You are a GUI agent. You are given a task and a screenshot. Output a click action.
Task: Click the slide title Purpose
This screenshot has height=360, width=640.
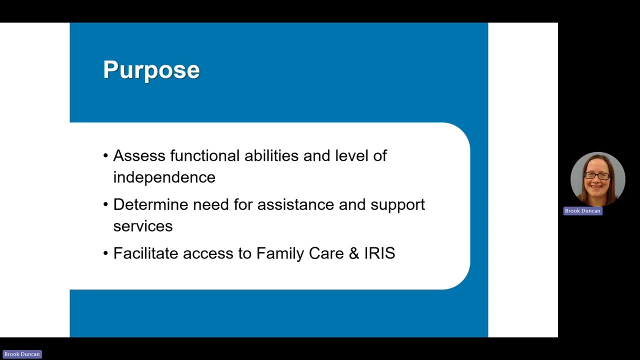pyautogui.click(x=151, y=70)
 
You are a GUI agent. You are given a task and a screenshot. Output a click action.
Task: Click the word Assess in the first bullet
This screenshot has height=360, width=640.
pyautogui.click(x=139, y=156)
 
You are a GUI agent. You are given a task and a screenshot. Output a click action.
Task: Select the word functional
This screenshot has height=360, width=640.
pyautogui.click(x=204, y=156)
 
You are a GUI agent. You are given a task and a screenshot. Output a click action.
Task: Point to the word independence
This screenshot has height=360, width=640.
pyautogui.click(x=164, y=177)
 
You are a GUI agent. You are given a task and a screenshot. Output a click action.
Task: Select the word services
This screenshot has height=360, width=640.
pyautogui.click(x=142, y=226)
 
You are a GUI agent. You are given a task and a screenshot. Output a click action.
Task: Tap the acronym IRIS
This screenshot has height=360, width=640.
pyautogui.click(x=379, y=253)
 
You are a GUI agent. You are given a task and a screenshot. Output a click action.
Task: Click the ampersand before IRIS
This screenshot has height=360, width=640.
pyautogui.click(x=354, y=253)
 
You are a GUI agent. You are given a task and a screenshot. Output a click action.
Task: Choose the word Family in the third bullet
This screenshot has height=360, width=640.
pyautogui.click(x=280, y=253)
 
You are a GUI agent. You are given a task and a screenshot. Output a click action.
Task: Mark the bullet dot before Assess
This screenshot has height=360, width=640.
pyautogui.click(x=105, y=156)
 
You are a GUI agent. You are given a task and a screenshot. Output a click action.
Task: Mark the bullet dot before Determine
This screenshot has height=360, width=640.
pyautogui.click(x=105, y=204)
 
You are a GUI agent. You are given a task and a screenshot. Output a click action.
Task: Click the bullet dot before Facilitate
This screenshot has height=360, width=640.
pyautogui.click(x=105, y=253)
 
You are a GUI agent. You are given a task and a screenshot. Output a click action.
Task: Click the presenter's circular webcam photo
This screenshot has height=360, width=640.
pyautogui.click(x=597, y=179)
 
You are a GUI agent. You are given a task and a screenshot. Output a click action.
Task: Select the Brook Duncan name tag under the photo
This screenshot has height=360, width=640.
pyautogui.click(x=582, y=211)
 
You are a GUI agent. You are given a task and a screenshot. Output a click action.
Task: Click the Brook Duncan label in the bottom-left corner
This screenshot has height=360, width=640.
pyautogui.click(x=22, y=354)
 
